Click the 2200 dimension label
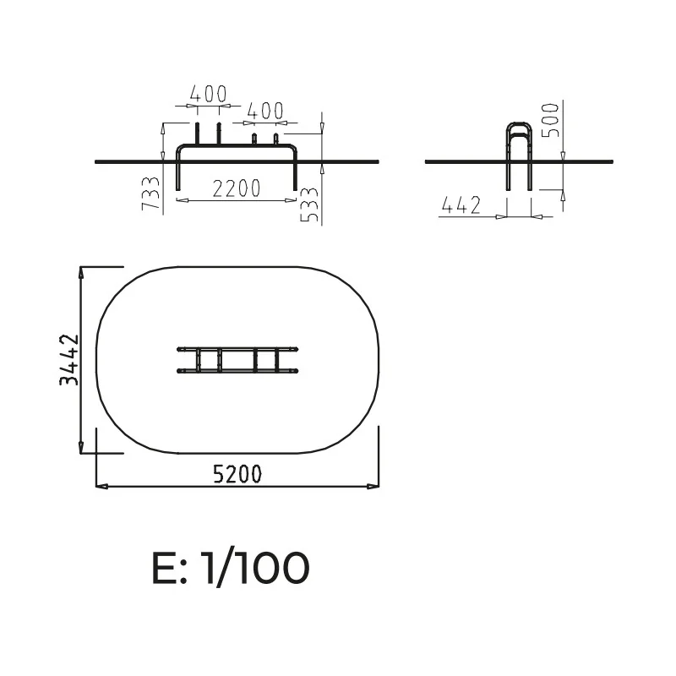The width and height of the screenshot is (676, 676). coord(237,188)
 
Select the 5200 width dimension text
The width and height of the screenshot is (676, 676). coord(237,474)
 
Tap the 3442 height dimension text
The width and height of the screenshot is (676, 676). coord(69,360)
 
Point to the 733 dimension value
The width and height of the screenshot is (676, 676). coord(151,194)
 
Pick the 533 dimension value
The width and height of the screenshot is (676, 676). coord(309,204)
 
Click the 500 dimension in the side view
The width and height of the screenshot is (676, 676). coord(550,120)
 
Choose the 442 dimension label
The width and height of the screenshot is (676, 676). coord(461,205)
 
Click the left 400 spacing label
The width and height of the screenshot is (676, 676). coord(208,94)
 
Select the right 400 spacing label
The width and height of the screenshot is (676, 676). coord(265,111)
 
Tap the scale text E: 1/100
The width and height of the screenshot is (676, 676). coord(231,567)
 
